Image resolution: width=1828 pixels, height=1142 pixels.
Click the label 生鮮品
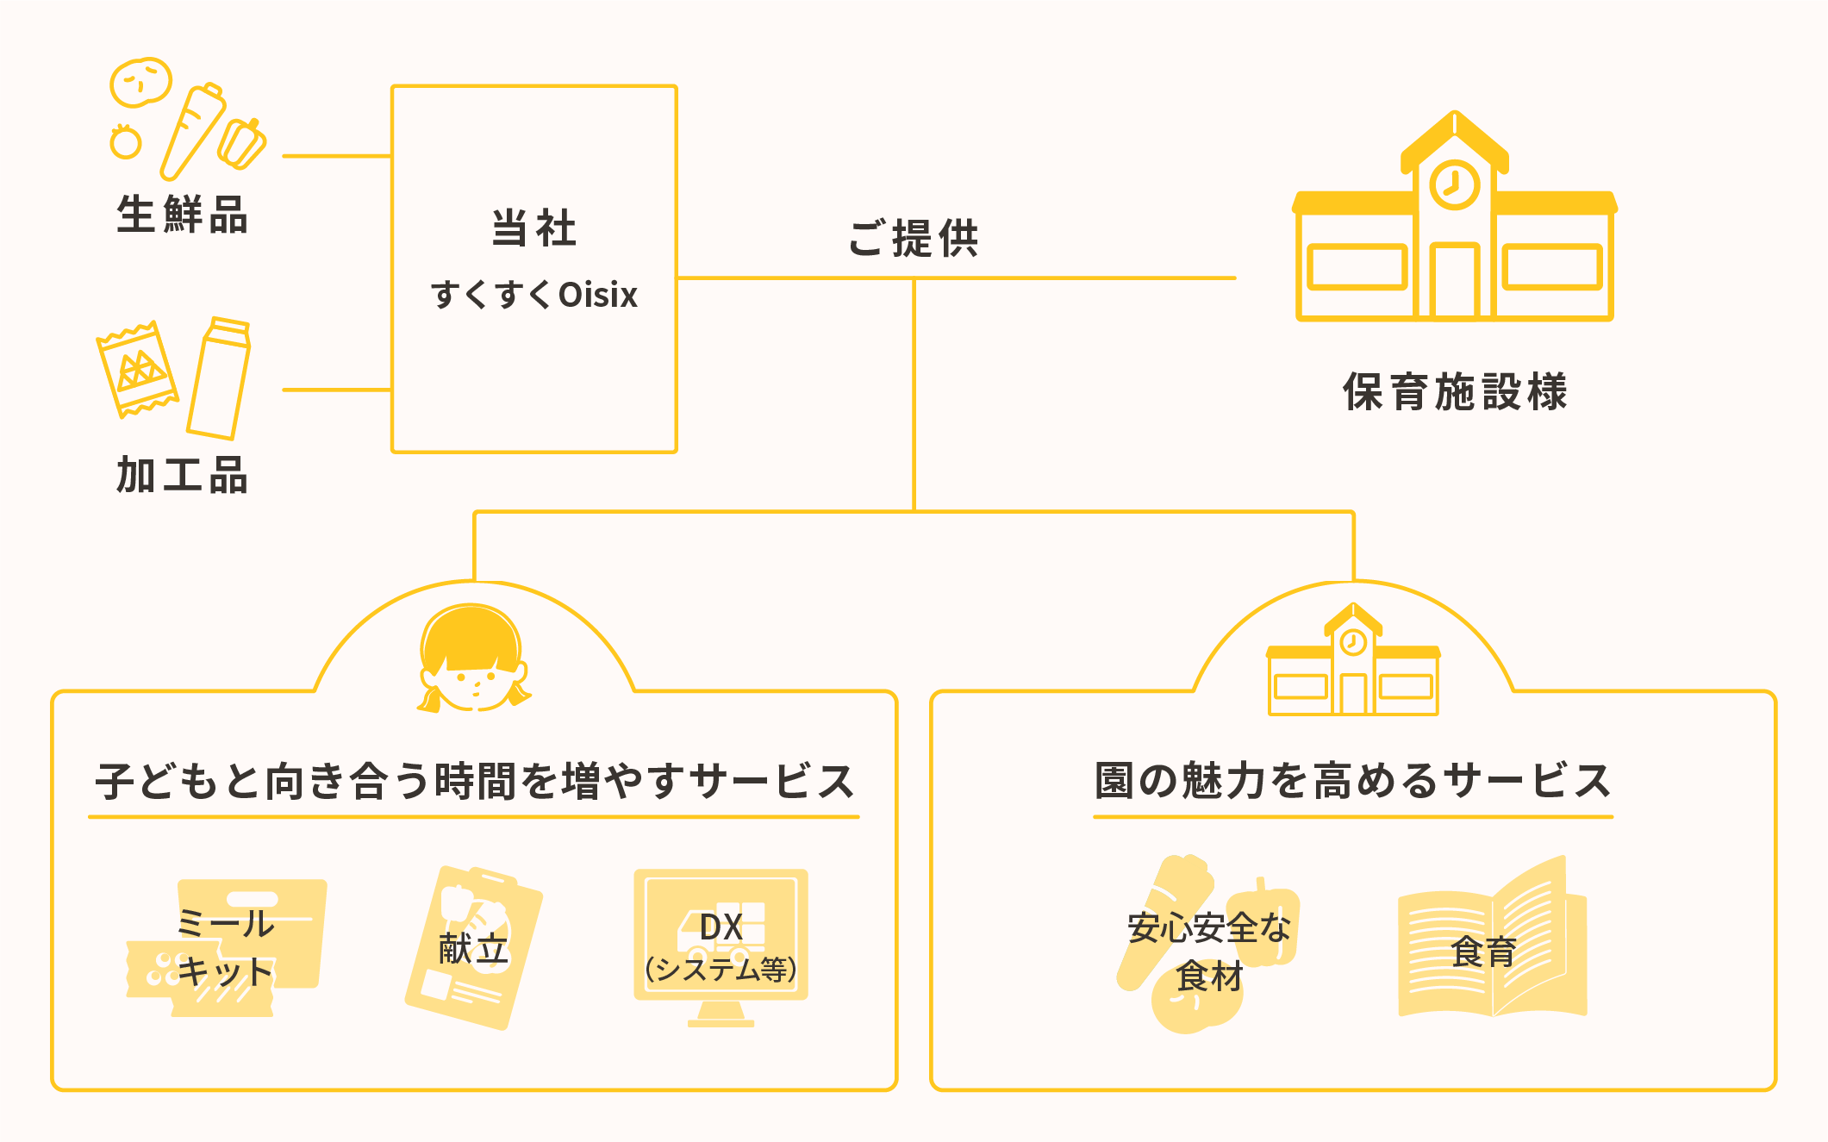click(182, 215)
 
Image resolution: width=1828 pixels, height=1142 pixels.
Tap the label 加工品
click(182, 475)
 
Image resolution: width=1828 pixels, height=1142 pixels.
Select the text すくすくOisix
click(534, 295)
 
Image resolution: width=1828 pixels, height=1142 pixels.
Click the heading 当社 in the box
click(534, 228)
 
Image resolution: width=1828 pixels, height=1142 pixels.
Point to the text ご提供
click(914, 239)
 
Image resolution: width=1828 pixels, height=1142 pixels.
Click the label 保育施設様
click(1455, 392)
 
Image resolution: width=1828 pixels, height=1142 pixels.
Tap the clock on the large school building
click(1455, 184)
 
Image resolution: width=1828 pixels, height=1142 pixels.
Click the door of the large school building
click(1455, 280)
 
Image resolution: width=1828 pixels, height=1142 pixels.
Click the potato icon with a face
click(140, 83)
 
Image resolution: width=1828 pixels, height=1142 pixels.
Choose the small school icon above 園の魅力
click(1353, 664)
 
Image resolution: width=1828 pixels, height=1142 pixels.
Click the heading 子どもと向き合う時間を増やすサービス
click(474, 782)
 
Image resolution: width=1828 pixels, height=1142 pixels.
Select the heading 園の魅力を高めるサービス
click(1353, 782)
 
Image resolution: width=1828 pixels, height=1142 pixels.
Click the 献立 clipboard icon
click(473, 948)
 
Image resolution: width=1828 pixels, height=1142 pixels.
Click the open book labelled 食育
click(1491, 944)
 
